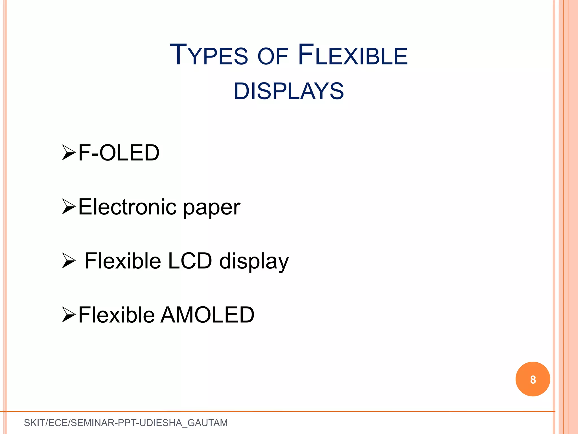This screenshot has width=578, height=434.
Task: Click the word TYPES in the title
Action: point(209,55)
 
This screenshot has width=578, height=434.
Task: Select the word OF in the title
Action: point(273,56)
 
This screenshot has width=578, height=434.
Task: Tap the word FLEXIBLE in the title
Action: point(353,55)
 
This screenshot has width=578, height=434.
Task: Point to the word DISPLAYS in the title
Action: point(289,91)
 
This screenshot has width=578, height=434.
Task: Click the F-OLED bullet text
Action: point(119,153)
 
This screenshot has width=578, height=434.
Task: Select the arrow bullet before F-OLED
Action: point(69,153)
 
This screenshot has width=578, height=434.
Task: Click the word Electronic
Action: point(127,207)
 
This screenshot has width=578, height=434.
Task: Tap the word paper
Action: point(212,209)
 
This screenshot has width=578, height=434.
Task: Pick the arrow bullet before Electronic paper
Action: point(69,207)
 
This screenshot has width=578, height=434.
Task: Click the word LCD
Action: point(190,261)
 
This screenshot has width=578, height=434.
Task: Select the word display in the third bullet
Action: point(254,261)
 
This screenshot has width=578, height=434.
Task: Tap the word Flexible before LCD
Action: point(123,261)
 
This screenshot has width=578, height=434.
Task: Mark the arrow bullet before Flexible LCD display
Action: point(69,261)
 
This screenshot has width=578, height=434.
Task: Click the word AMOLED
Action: point(207,315)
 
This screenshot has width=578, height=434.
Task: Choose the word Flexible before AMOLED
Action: point(116,315)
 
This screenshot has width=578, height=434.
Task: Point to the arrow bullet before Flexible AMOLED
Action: point(69,315)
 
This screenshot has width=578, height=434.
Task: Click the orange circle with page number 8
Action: point(533,379)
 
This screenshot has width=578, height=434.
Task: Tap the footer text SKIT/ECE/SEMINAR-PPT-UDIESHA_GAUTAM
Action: point(126,423)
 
